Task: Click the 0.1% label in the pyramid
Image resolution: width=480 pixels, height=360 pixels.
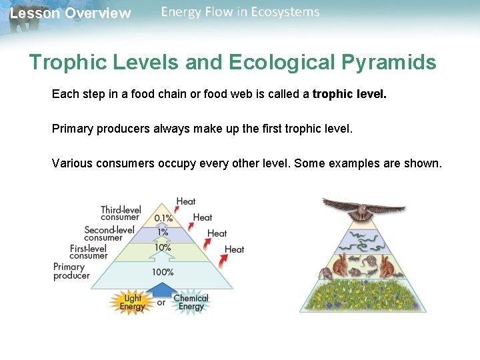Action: point(163,218)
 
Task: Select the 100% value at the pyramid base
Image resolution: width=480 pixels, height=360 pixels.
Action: point(163,272)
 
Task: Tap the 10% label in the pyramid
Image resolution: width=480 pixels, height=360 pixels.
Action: point(163,247)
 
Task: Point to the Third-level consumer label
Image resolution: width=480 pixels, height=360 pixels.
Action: point(121,213)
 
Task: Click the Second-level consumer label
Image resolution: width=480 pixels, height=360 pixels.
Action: point(109,233)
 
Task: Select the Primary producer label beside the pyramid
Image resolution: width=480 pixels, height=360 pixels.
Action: point(71,271)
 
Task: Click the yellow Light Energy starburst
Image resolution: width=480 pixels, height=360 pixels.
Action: point(131,302)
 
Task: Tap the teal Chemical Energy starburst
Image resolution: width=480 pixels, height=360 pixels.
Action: point(191,302)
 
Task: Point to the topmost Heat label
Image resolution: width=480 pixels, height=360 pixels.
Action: point(186,201)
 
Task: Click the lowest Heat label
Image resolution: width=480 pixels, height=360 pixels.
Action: point(234,249)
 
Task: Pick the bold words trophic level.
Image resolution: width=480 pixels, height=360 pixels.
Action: point(349,95)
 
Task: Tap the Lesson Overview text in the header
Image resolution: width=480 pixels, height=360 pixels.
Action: point(71,13)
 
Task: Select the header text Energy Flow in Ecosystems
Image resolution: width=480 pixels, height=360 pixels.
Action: point(240,12)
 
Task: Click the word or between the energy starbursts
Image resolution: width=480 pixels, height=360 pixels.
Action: point(161,303)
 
